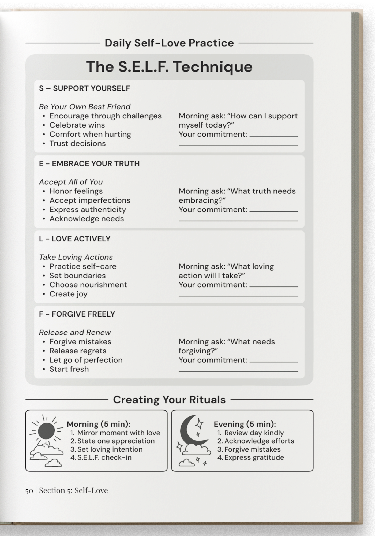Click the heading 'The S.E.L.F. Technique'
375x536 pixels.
coord(169,67)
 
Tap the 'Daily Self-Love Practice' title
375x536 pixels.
coord(169,43)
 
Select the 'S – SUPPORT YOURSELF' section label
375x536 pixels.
coord(84,88)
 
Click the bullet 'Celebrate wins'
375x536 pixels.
coord(77,125)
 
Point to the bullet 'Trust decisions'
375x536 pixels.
coord(77,143)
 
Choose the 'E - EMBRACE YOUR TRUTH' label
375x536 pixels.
coord(89,164)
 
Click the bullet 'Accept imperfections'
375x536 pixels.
coord(90,200)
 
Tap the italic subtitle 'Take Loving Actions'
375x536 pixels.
coord(76,257)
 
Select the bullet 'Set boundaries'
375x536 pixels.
coord(77,276)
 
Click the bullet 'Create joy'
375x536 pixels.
coord(68,294)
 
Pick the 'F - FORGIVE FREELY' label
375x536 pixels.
coord(77,314)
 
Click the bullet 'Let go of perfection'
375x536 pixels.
coord(86,360)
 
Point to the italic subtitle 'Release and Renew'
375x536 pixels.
coord(75,333)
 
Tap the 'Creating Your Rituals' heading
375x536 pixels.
coord(169,400)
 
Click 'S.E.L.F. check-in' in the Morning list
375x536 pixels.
coord(104,457)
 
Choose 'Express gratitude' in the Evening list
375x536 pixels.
coord(254,457)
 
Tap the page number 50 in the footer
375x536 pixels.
coord(29,490)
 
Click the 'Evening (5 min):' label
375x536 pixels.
coord(245,424)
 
